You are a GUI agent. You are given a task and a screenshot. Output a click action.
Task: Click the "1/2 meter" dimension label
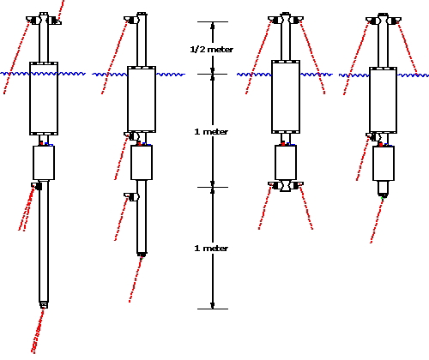pyautogui.click(x=212, y=50)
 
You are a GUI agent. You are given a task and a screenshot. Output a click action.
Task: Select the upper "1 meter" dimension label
pyautogui.click(x=211, y=132)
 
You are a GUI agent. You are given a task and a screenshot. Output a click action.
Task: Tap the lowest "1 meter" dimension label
pyautogui.click(x=211, y=248)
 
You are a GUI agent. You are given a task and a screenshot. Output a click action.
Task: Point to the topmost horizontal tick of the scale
pyautogui.click(x=213, y=21)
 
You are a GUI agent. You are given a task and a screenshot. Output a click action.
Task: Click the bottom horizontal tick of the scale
pyautogui.click(x=213, y=309)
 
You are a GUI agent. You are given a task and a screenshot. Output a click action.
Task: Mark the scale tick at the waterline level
pyautogui.click(x=213, y=75)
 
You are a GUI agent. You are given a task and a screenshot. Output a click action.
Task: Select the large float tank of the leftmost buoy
pyautogui.click(x=44, y=99)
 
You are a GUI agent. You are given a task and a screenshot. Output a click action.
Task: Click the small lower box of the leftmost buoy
pyautogui.click(x=44, y=163)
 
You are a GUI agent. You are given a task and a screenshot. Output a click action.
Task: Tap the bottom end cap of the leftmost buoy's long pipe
pyautogui.click(x=44, y=305)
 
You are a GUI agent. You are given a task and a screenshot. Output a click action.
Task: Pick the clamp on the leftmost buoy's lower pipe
pyautogui.click(x=37, y=186)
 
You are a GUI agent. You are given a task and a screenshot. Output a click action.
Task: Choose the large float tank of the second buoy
pyautogui.click(x=142, y=99)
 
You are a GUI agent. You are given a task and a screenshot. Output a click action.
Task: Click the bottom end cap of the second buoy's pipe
pyautogui.click(x=142, y=255)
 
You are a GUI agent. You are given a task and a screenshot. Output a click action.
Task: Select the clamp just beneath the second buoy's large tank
pyautogui.click(x=131, y=135)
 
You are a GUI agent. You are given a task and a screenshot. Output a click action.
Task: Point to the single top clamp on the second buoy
pyautogui.click(x=131, y=20)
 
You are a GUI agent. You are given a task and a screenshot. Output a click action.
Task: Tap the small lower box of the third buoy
pyautogui.click(x=286, y=163)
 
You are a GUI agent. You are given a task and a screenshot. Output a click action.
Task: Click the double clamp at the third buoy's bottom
pyautogui.click(x=286, y=186)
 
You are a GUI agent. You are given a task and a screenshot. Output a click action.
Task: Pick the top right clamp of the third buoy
pyautogui.click(x=296, y=20)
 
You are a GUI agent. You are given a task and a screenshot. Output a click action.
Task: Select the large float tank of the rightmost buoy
pyautogui.click(x=383, y=100)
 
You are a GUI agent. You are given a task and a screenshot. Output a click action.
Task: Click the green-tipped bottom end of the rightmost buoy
pyautogui.click(x=384, y=196)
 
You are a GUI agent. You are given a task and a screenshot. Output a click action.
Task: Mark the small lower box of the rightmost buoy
pyautogui.click(x=384, y=163)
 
